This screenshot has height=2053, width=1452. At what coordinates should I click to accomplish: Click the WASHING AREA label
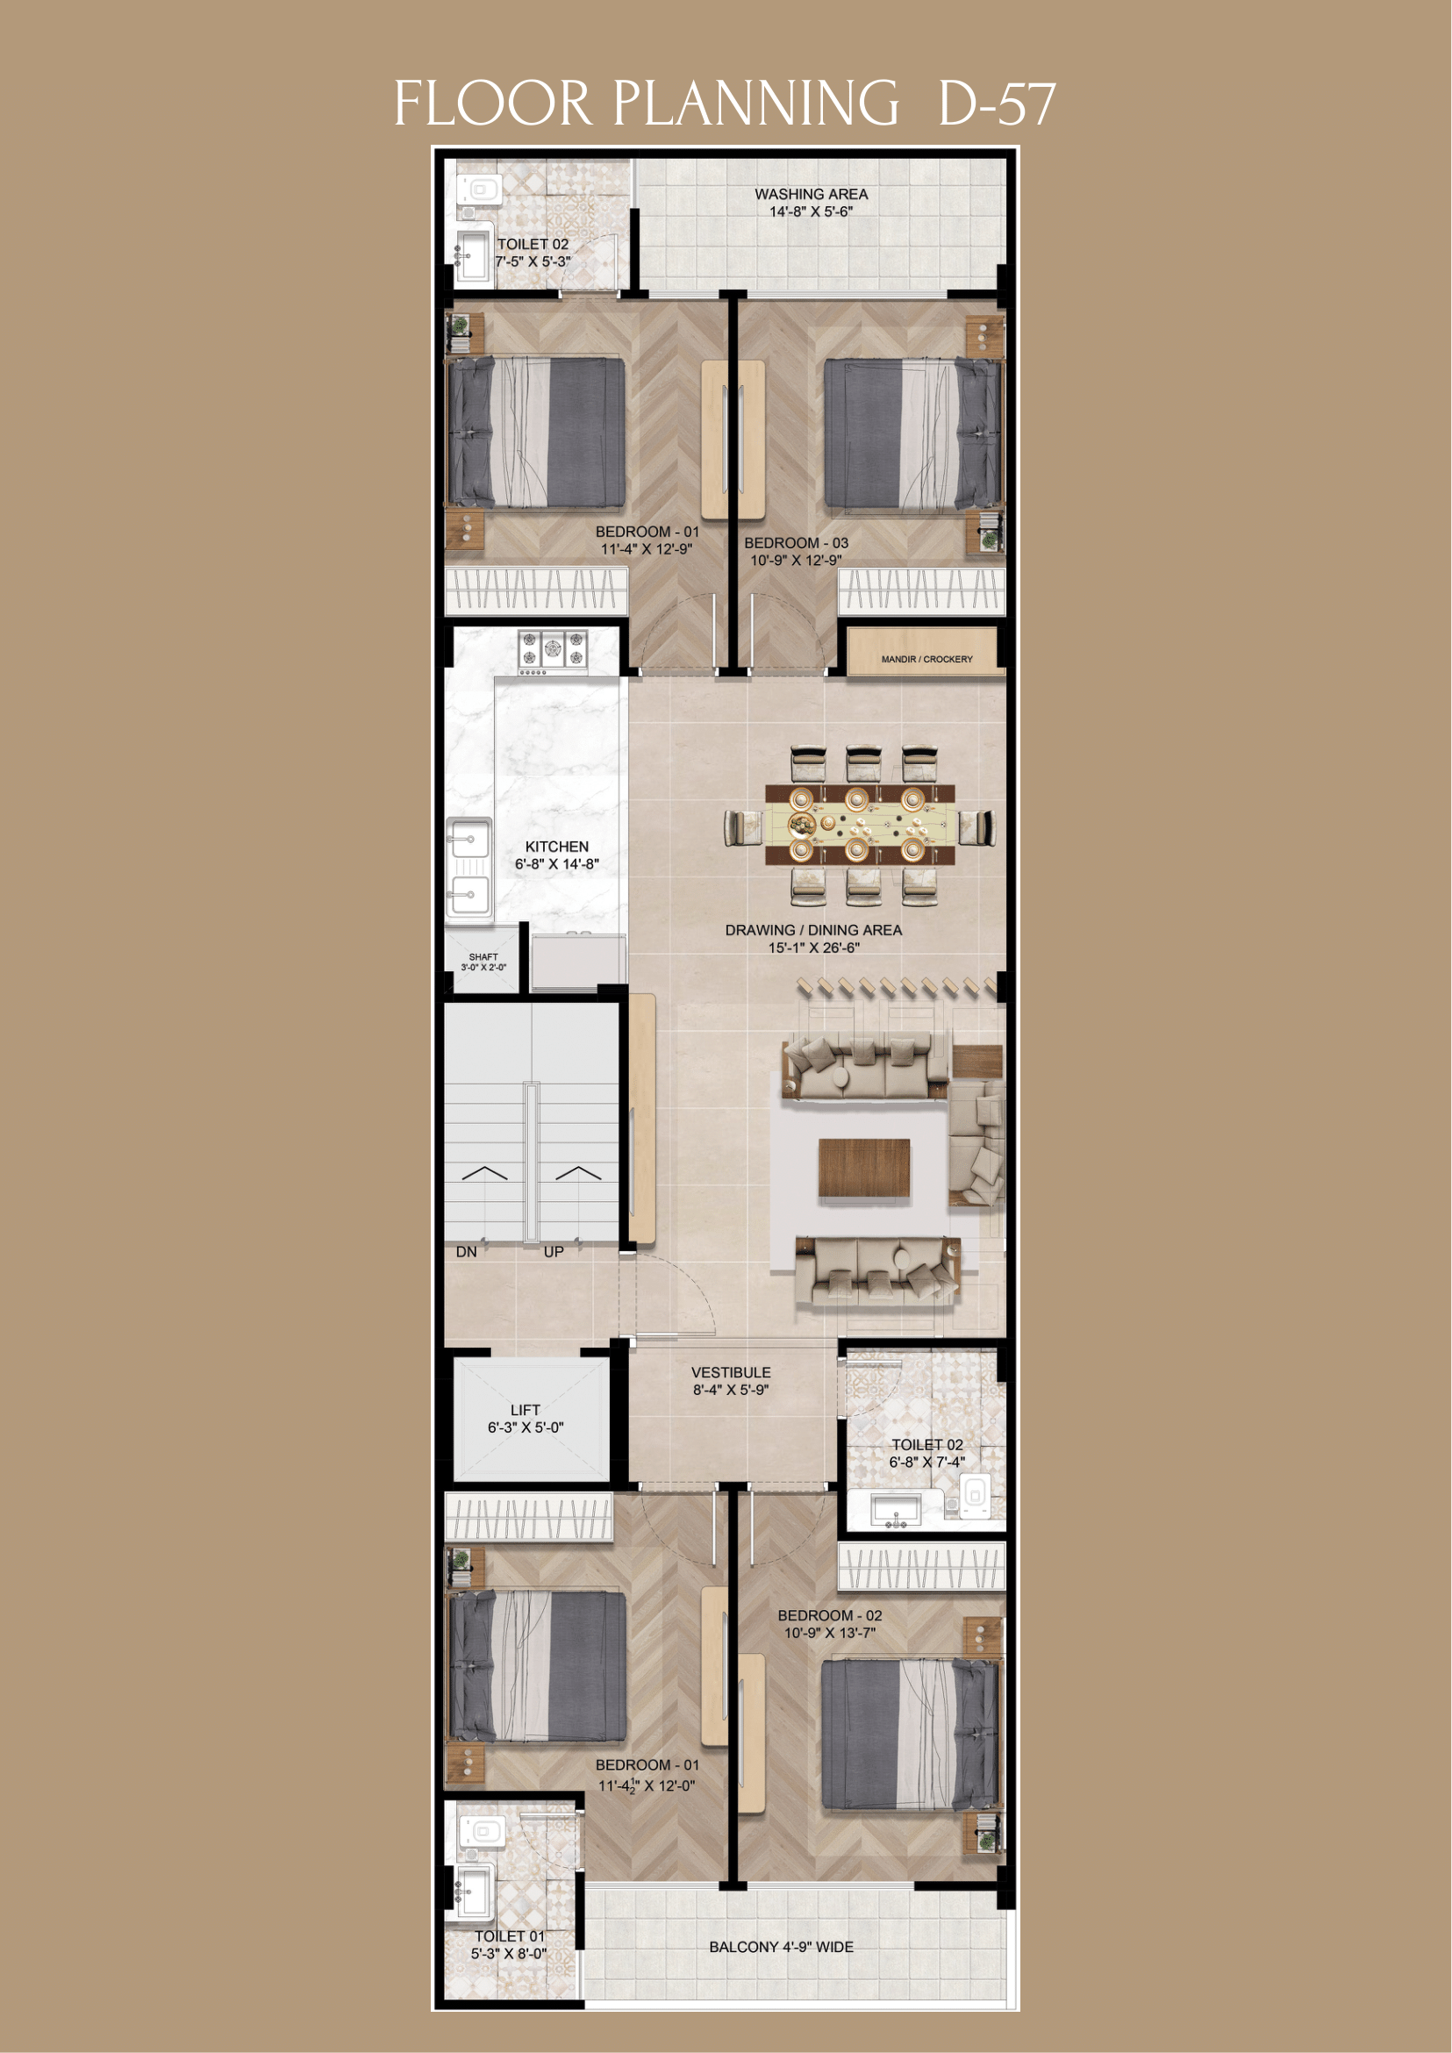[810, 194]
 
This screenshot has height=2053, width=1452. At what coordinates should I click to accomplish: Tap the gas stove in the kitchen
[553, 651]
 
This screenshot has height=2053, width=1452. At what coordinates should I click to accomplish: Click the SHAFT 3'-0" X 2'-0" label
[483, 962]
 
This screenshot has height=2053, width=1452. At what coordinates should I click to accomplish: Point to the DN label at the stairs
[466, 1252]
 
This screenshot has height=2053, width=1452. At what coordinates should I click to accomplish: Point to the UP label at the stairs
[554, 1252]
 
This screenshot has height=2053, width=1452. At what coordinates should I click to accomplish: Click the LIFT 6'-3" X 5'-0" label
[525, 1418]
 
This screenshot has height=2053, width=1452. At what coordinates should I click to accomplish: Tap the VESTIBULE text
[730, 1372]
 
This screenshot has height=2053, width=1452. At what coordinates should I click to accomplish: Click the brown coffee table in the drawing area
[863, 1168]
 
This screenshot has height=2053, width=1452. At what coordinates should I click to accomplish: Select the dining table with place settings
[859, 825]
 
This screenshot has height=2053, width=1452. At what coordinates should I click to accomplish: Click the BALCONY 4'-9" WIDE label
[781, 1947]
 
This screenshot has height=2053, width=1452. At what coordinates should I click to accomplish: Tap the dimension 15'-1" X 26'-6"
[812, 948]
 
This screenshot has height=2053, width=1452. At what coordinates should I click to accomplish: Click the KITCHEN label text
[556, 846]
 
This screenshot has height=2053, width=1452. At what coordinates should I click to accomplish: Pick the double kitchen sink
[469, 867]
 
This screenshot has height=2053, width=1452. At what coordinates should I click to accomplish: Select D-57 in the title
[996, 104]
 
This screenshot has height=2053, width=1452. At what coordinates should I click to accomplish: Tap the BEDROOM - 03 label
[796, 543]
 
